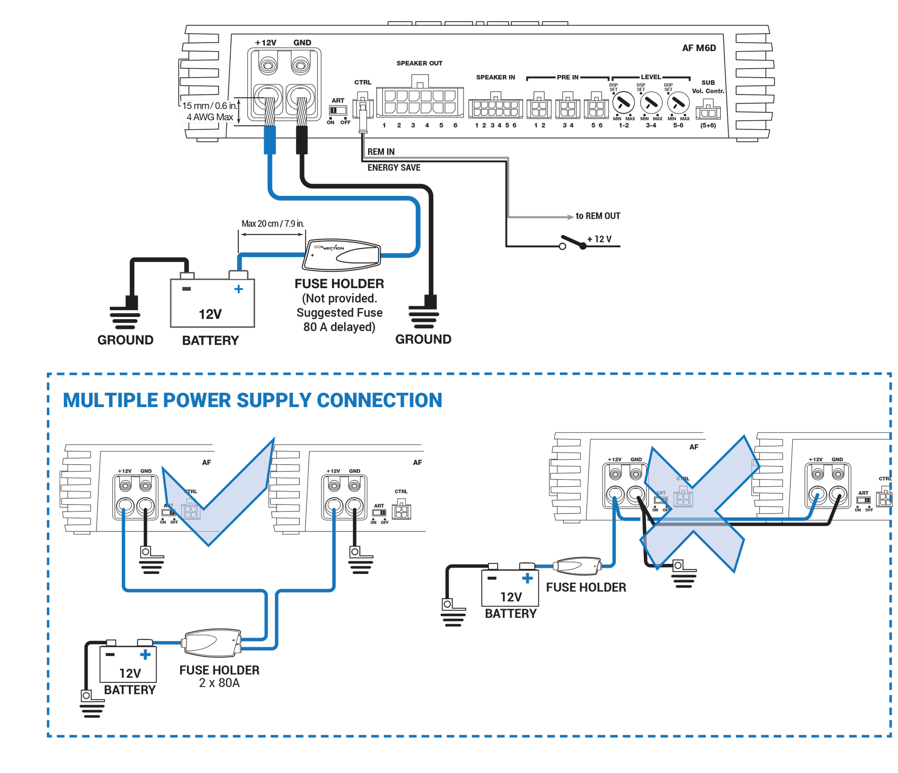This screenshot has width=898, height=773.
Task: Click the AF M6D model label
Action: click(x=699, y=48)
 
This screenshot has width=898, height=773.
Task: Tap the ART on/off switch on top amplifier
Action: click(x=338, y=110)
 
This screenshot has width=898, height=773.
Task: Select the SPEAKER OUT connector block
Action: click(x=419, y=102)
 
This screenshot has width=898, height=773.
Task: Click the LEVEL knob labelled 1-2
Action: click(x=623, y=103)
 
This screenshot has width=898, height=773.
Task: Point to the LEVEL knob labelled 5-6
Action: click(x=678, y=103)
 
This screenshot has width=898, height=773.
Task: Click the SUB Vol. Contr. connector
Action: click(x=708, y=111)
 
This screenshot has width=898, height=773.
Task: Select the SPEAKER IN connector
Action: click(x=495, y=108)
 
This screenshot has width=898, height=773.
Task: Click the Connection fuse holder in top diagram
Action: click(x=342, y=255)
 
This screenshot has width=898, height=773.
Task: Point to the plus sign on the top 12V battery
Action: click(x=238, y=289)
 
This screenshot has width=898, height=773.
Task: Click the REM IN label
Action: click(x=381, y=152)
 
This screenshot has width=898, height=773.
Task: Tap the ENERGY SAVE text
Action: click(x=394, y=167)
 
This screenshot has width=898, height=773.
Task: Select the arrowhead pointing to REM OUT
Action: click(x=570, y=217)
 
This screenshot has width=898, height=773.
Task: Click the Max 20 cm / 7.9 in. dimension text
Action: click(x=273, y=224)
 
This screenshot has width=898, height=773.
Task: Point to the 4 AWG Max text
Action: click(x=210, y=117)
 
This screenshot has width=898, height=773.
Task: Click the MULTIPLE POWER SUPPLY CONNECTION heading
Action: click(x=252, y=400)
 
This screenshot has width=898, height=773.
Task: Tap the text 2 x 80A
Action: click(x=219, y=683)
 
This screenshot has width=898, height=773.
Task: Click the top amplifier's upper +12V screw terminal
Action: click(x=268, y=66)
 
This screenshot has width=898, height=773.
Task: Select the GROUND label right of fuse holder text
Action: click(x=423, y=339)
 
